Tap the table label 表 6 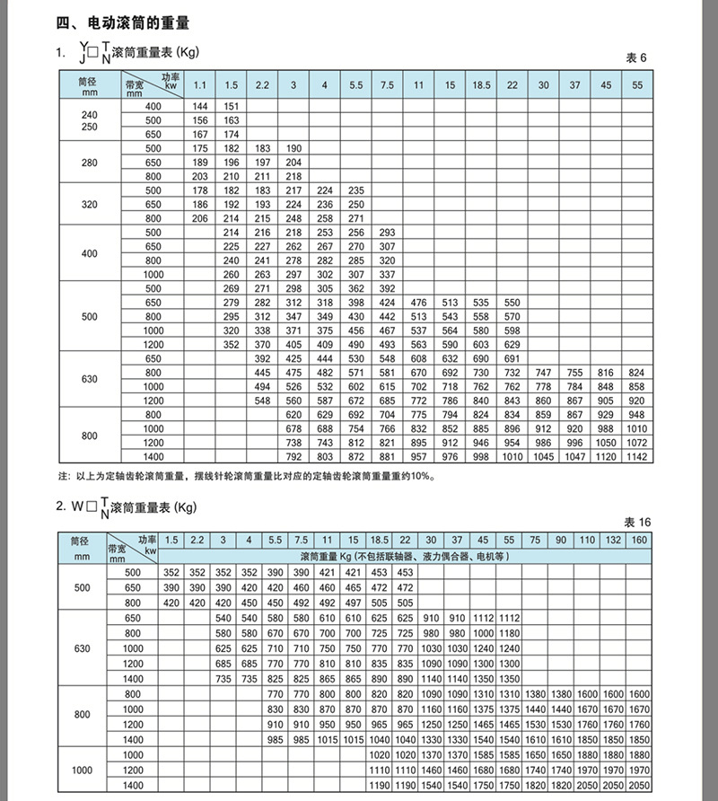[x=635, y=57]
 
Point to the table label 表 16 [x=636, y=522]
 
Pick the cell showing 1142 [x=636, y=457]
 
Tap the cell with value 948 [x=636, y=415]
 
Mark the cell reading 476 [x=418, y=303]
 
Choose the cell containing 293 [x=387, y=233]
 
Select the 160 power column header [x=640, y=539]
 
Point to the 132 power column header [x=613, y=539]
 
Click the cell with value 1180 [x=510, y=632]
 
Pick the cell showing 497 [x=353, y=603]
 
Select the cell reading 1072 [x=636, y=443]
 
